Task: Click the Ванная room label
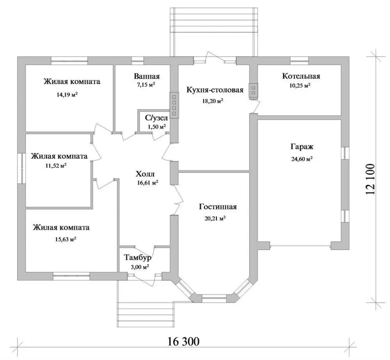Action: [x=147, y=76]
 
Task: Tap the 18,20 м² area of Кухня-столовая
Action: [x=212, y=101]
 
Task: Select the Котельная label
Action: [x=301, y=76]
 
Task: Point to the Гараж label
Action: [x=302, y=147]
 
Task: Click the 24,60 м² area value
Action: [x=302, y=159]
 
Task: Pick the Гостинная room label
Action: [x=218, y=207]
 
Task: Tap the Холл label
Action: [x=145, y=173]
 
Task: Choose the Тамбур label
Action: [x=138, y=258]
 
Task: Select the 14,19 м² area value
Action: [x=67, y=95]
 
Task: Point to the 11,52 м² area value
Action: [x=56, y=165]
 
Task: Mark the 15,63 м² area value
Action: [x=65, y=239]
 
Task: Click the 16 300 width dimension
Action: [x=184, y=342]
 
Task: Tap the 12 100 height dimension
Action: [x=370, y=179]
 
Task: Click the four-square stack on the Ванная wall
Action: [x=174, y=105]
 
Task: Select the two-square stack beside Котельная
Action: [x=253, y=91]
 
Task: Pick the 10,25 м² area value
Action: [x=300, y=86]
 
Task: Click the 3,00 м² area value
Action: [x=140, y=267]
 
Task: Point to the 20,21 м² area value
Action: [x=215, y=219]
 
